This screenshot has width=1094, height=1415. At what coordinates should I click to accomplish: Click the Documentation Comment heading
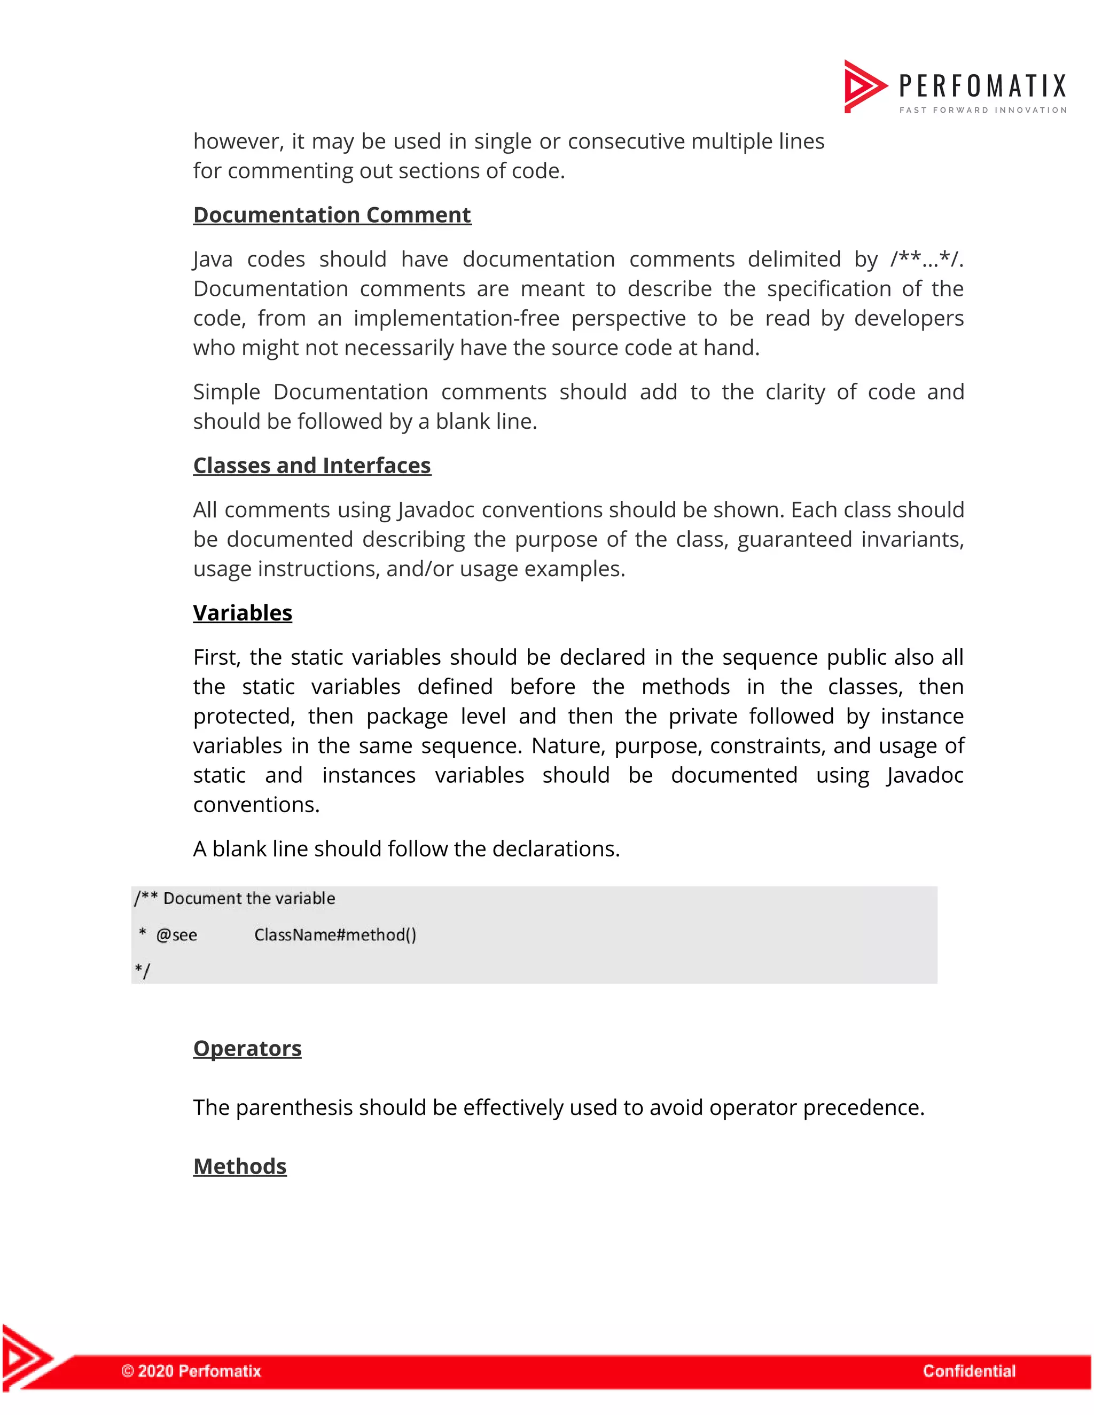point(332,215)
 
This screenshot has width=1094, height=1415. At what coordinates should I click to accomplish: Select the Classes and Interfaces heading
point(312,466)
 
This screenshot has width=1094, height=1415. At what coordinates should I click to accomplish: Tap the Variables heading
point(243,613)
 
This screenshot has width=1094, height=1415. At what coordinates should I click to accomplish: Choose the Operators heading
point(247,1048)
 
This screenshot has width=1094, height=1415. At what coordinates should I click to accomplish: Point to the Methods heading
point(240,1166)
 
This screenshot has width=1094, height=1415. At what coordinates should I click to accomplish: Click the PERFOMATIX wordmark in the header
point(982,86)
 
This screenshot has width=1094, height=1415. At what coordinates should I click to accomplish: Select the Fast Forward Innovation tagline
point(982,110)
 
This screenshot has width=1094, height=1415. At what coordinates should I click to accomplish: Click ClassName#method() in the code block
point(335,935)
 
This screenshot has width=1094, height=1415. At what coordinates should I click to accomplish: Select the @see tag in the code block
point(176,935)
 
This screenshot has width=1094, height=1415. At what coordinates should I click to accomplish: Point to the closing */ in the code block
point(142,971)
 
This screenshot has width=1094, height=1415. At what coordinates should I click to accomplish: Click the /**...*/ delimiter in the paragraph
point(926,259)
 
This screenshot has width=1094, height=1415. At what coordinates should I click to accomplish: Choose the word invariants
point(914,540)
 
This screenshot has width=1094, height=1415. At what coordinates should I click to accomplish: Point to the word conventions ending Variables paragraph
point(255,805)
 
